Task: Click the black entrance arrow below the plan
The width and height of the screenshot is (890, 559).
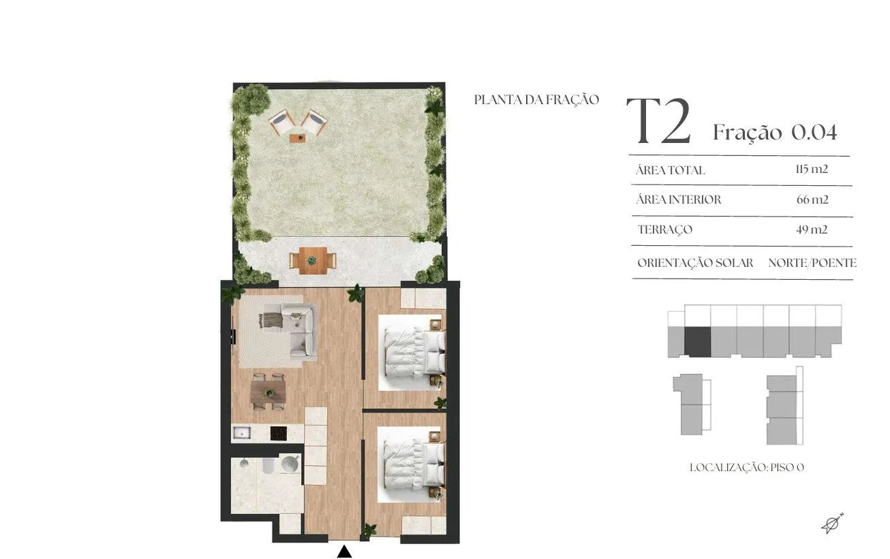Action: point(344,552)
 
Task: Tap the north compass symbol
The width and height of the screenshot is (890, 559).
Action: point(831,524)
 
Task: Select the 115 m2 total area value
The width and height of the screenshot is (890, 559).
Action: point(812,169)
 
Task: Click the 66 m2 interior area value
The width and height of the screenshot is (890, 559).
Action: point(812,199)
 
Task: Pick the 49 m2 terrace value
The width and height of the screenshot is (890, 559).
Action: point(812,229)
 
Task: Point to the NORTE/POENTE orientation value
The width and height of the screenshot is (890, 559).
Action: point(812,263)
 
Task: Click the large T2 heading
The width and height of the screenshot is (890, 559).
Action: point(659,121)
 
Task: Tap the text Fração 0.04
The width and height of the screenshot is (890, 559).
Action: point(775,132)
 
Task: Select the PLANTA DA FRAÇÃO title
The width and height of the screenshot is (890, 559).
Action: point(537,99)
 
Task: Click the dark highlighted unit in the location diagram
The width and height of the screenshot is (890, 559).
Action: point(697,342)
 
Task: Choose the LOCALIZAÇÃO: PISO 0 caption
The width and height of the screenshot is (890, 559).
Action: point(747,468)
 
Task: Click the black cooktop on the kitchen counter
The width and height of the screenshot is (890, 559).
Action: point(278,433)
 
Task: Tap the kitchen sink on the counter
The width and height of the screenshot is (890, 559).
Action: point(241,432)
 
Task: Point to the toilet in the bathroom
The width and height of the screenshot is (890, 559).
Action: point(267,465)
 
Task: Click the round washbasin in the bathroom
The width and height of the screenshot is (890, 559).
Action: point(290,463)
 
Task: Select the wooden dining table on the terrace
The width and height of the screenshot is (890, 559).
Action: point(313,261)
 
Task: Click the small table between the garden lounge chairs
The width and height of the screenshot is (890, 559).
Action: point(298,138)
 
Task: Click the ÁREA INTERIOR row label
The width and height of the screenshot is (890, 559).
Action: point(679,199)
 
